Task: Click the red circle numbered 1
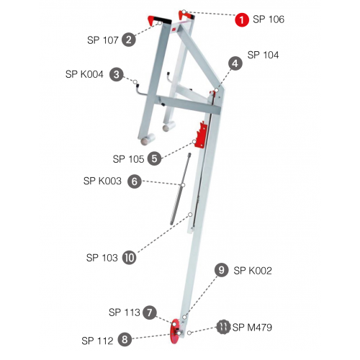point(242,19)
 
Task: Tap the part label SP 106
point(269,19)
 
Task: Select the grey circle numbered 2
point(129,40)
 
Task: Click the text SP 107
point(103,40)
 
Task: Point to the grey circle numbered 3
point(117,74)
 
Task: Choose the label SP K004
point(84,74)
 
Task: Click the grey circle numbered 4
point(235,63)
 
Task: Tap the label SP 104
point(263,55)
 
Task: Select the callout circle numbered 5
point(154,158)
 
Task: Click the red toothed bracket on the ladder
point(202,135)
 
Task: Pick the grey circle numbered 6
point(135,181)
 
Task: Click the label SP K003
point(102,181)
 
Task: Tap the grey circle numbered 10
point(130,258)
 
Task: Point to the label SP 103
point(102,258)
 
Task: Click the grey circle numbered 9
point(221,270)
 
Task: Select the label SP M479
point(252,328)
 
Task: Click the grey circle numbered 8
point(125,340)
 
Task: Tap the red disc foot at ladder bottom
point(175,331)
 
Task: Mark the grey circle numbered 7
point(150,312)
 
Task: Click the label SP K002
point(253,271)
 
